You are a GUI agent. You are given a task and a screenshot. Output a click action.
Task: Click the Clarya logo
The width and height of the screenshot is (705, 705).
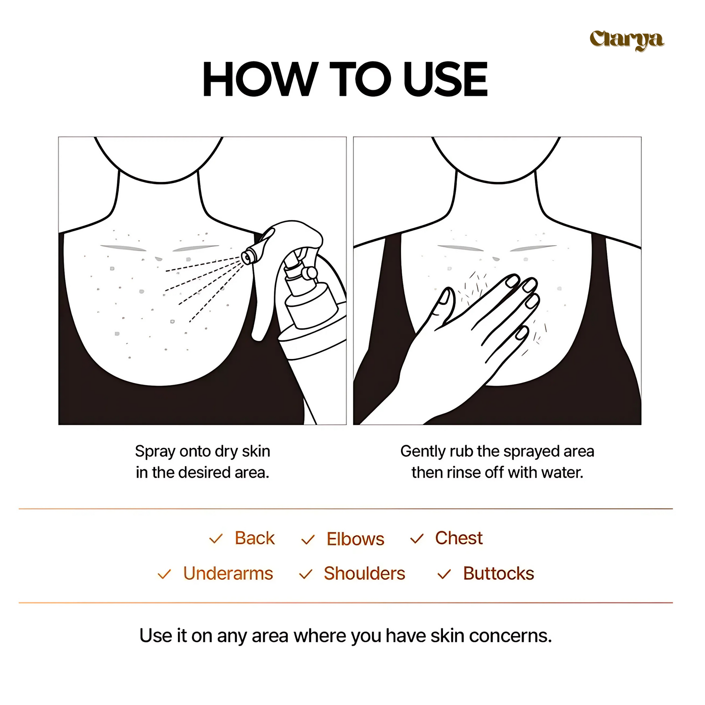(626, 40)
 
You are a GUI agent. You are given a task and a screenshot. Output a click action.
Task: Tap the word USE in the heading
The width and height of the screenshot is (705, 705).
(446, 79)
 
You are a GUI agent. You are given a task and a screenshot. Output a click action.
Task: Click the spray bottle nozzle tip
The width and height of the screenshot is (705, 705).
(247, 257)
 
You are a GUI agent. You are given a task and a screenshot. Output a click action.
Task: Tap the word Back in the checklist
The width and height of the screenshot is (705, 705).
(255, 538)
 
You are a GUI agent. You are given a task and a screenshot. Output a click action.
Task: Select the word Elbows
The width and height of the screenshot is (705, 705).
(355, 539)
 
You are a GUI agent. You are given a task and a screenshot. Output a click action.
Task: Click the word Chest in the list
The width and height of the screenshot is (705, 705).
(459, 538)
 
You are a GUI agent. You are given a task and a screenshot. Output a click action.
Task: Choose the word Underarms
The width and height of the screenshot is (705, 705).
(228, 573)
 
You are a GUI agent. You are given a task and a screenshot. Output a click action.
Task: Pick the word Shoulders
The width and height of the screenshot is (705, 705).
(364, 573)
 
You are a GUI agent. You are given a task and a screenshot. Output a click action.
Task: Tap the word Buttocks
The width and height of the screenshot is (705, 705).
(498, 573)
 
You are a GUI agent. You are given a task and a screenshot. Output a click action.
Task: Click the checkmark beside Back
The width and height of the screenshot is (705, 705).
(216, 539)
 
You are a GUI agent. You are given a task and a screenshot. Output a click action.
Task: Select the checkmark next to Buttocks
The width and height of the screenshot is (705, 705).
(444, 574)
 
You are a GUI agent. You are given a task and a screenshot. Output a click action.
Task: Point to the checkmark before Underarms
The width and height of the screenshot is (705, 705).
(164, 574)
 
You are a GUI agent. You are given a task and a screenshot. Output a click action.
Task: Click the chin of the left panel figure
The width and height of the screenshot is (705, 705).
(160, 182)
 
